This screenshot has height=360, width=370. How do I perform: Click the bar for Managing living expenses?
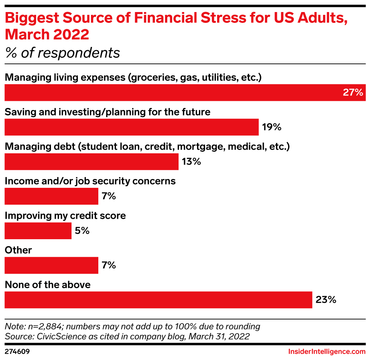pos(185,92)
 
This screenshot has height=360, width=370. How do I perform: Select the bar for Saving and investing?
pos(132,127)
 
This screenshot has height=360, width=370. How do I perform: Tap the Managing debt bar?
pos(91,162)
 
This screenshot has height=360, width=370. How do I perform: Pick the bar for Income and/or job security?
pos(51,196)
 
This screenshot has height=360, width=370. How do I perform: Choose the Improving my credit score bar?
pos(38,231)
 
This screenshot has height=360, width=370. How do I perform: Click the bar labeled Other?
pos(51,265)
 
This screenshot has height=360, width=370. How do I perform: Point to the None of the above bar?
pos(158,300)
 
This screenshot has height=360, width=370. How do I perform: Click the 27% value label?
pos(353,93)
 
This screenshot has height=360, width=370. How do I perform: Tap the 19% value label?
pos(272,128)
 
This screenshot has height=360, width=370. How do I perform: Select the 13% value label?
pos(191,162)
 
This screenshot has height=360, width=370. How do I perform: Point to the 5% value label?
pos(82,231)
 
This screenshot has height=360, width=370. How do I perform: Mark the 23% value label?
pos(325,300)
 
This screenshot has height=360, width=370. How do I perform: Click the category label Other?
pos(18,250)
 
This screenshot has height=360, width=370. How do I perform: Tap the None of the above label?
pos(47,285)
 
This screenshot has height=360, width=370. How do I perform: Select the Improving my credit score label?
pos(65,216)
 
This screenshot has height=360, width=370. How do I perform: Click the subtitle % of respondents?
pos(62,53)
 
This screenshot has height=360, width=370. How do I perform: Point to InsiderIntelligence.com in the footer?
pos(327,352)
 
